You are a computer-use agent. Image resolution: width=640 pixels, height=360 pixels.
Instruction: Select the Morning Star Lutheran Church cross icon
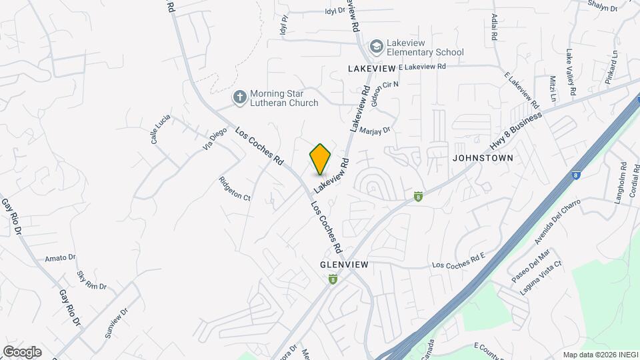(239, 98)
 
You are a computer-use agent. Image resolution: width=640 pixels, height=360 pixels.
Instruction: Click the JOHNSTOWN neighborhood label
(483, 159)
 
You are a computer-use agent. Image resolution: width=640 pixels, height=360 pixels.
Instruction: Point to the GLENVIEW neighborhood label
(344, 265)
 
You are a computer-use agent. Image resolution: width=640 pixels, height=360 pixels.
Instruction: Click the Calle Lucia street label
(160, 129)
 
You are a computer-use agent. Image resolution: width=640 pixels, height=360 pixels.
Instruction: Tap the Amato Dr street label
(60, 258)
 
